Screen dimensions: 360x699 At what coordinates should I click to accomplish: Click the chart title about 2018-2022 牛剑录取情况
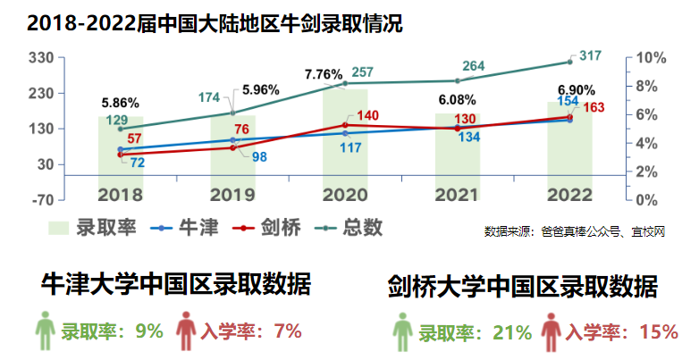click(x=215, y=22)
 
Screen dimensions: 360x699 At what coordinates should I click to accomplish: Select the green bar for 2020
click(x=344, y=143)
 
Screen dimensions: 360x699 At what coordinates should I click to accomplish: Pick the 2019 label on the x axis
click(x=232, y=194)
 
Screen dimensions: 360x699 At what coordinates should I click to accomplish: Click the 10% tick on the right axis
click(x=652, y=58)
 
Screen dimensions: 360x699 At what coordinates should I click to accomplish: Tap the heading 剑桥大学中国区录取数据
click(x=522, y=287)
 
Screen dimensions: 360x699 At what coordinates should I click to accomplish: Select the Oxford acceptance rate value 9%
click(x=148, y=331)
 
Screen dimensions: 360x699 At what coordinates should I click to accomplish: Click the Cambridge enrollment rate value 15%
click(x=659, y=332)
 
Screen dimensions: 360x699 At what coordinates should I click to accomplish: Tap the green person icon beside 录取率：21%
click(x=403, y=332)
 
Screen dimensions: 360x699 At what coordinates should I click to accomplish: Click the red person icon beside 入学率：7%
click(x=186, y=331)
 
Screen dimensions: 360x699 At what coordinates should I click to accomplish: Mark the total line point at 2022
click(x=568, y=62)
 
